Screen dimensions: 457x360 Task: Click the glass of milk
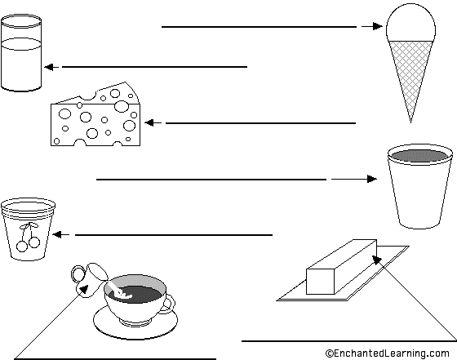coord(21,52)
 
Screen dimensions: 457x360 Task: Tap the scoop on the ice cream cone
coord(410,24)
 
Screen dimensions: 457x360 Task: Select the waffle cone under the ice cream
coord(410,78)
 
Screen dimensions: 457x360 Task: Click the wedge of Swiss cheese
coord(95,117)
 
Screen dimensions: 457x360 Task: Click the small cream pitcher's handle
coord(78,273)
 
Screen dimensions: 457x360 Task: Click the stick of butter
coord(341,267)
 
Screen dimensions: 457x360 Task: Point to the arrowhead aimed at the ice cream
coord(377,26)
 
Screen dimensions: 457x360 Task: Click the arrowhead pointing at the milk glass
coord(49,67)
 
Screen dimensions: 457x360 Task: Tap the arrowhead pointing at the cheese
coord(149,123)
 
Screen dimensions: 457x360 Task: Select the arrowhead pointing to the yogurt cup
coord(56,234)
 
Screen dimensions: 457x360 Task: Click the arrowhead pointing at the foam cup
coord(372,179)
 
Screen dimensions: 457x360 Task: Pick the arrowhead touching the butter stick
coord(376,260)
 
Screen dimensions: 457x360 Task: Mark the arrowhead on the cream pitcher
coord(84,289)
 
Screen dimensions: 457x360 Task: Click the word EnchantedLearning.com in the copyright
coord(392,353)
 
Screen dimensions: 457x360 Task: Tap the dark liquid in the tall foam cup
coord(420,156)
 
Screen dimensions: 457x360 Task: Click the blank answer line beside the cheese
coord(260,123)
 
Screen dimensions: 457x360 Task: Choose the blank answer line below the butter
coord(349,340)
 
